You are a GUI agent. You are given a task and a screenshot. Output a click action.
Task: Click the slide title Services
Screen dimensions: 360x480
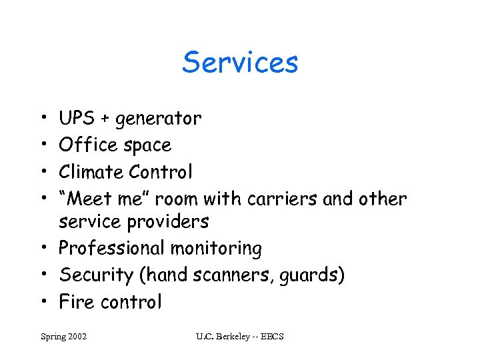pyautogui.click(x=240, y=63)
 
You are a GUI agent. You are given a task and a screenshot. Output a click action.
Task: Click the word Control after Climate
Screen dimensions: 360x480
pyautogui.click(x=160, y=172)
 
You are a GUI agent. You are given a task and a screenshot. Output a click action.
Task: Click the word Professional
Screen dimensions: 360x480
pyautogui.click(x=112, y=249)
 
